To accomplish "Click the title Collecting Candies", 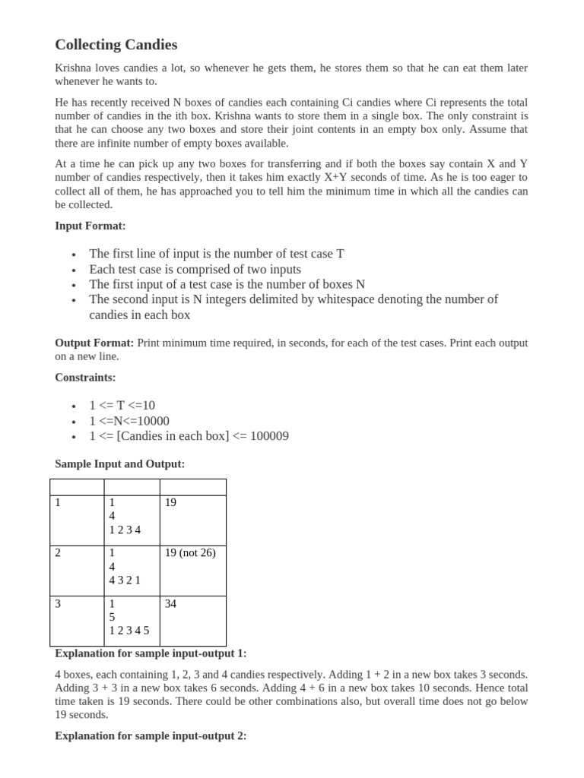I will (116, 45).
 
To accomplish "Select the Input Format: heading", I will (90, 226).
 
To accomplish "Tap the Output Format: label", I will (94, 343).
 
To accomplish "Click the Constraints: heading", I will (85, 377).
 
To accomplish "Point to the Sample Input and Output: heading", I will (119, 463).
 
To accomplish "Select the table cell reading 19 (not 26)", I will (190, 553).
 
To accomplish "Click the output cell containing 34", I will (171, 603).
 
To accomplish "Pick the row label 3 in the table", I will (59, 603).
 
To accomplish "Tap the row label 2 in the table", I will (59, 553).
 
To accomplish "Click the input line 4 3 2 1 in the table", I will (125, 580).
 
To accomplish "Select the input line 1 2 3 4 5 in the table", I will (129, 631).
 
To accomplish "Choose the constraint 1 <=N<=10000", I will (129, 421).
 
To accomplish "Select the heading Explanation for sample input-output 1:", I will (151, 653).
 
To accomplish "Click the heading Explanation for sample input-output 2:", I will (151, 735).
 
